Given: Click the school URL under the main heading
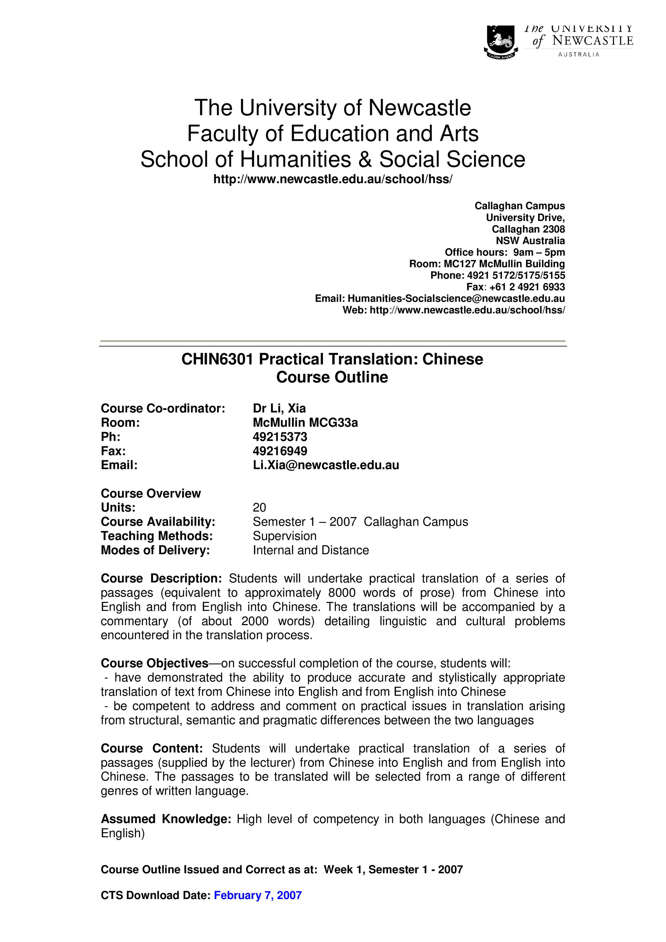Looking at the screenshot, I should (x=333, y=179).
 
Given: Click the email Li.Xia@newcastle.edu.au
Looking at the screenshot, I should (x=326, y=465).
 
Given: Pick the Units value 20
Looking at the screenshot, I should (x=259, y=508).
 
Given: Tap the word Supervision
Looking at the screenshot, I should (x=284, y=536).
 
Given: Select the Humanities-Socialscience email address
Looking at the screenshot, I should (x=456, y=298).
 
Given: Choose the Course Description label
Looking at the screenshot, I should (x=161, y=579).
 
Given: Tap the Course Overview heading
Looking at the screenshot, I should (x=151, y=493).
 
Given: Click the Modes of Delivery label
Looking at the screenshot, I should (x=155, y=550).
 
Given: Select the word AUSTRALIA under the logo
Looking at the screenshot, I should (x=579, y=55).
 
